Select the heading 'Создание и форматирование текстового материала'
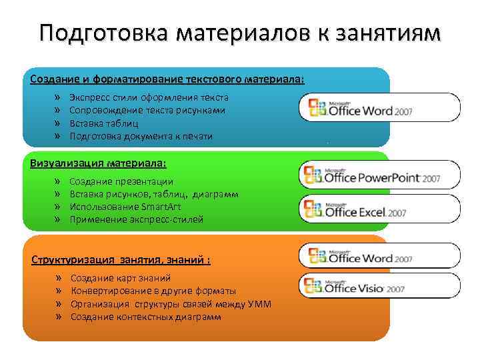click(167, 79)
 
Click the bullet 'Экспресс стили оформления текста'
click(149, 97)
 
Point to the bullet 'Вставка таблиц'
click(104, 123)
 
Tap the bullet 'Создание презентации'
click(121, 181)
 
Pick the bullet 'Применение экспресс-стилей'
click(137, 219)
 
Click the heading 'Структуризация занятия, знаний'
click(121, 260)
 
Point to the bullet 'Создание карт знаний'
click(121, 278)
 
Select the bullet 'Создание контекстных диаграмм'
click(146, 317)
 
